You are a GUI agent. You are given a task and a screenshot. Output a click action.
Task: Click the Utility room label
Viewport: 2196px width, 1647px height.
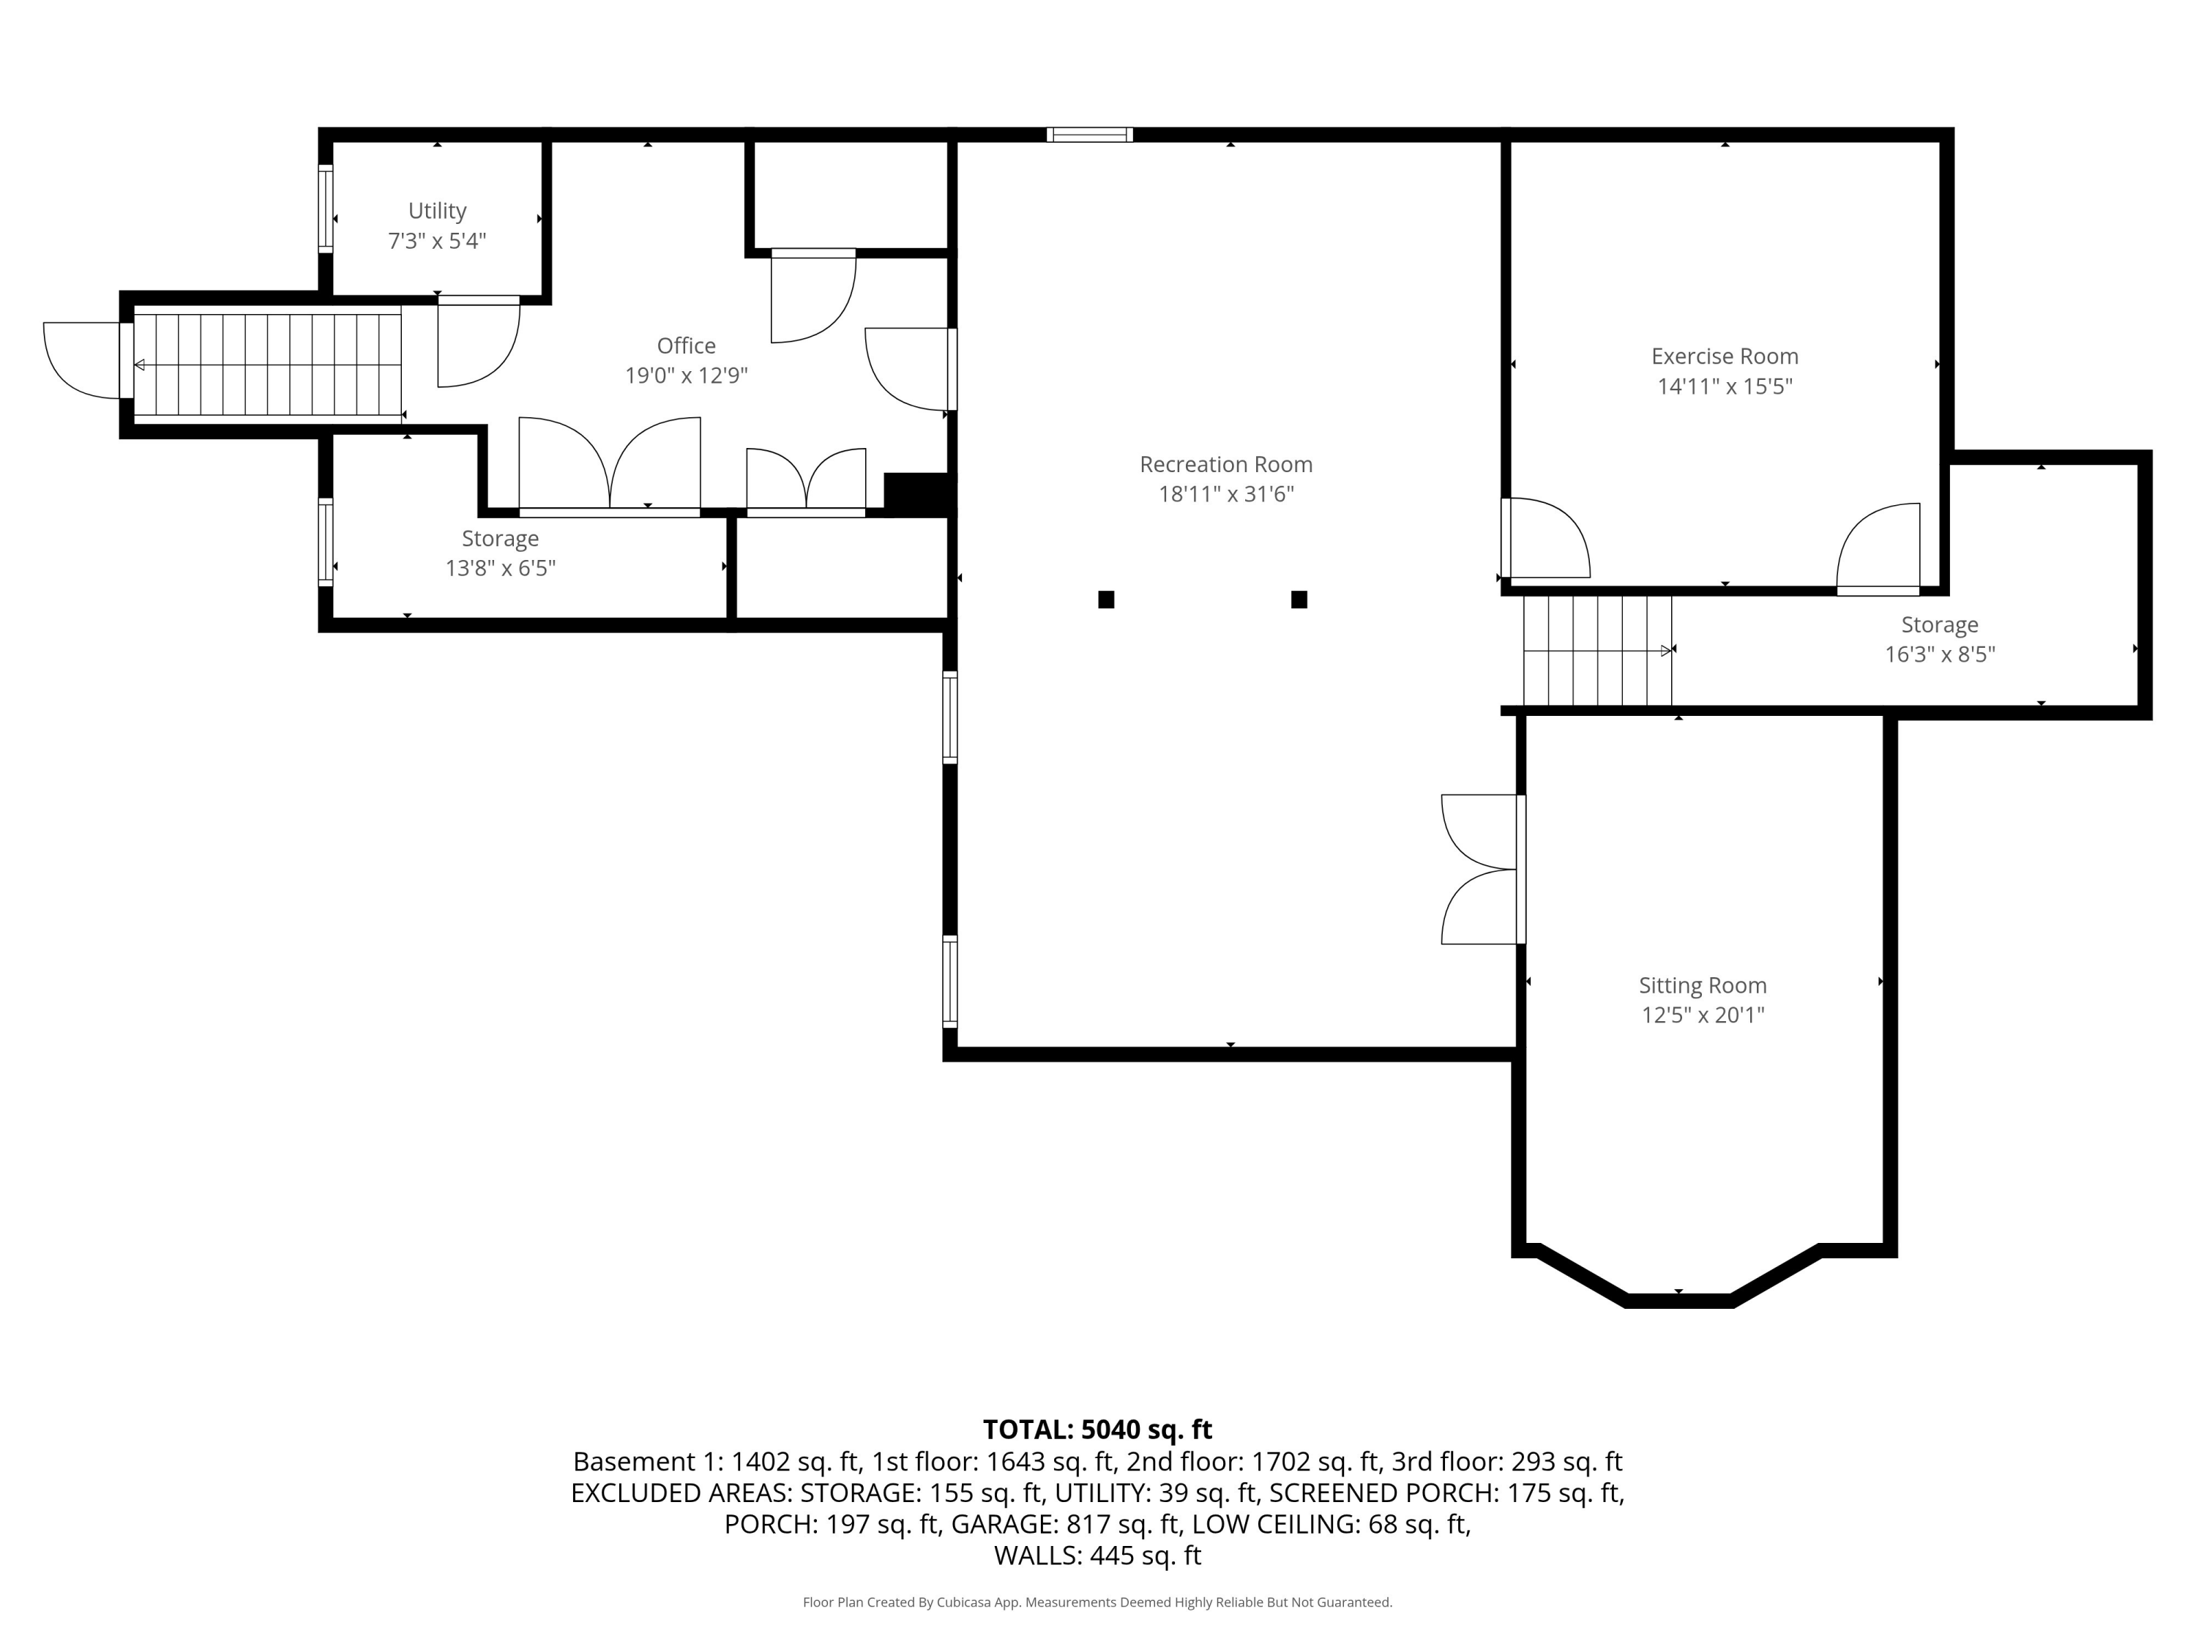[x=437, y=211]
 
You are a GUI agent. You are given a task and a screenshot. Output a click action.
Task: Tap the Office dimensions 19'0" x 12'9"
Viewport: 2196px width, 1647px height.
[x=686, y=376]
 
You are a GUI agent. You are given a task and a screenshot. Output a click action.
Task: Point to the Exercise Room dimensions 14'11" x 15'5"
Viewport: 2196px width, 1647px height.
[x=1725, y=386]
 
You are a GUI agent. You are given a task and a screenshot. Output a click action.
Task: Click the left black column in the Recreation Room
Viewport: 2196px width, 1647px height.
[x=1106, y=600]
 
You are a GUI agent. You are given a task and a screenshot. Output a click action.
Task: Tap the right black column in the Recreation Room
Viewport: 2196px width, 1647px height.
[x=1299, y=600]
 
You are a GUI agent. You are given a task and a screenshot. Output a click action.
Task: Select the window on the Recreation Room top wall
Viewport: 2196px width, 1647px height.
[x=1089, y=135]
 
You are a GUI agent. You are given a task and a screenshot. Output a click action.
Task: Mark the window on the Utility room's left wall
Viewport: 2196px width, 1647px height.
[x=324, y=209]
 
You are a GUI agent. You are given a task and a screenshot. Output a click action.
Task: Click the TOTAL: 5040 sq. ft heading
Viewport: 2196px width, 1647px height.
[x=1097, y=1430]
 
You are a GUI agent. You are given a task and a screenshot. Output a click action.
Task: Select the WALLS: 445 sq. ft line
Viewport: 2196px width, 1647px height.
[x=1097, y=1555]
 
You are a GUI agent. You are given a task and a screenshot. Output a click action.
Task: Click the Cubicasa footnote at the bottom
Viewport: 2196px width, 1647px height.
[x=1097, y=1602]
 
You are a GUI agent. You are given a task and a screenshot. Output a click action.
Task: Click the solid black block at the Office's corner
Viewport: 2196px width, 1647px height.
[x=917, y=493]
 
